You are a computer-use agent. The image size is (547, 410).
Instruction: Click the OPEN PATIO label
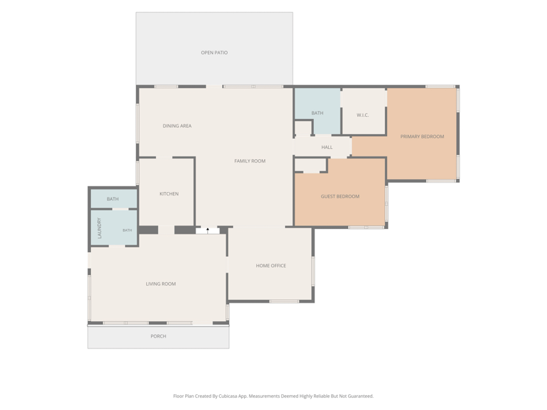[x=214, y=53]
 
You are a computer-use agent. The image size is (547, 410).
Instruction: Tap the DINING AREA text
[x=177, y=126]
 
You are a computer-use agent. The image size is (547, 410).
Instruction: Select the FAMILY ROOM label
[x=250, y=161]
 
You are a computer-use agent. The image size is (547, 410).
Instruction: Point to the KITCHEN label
[x=169, y=193]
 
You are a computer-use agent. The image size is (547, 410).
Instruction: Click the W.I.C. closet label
[x=362, y=115]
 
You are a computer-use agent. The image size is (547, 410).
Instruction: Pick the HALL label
[x=327, y=147]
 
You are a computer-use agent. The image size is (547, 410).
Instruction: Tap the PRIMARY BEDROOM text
[x=422, y=136]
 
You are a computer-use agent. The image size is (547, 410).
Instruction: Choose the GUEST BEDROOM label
[x=340, y=196]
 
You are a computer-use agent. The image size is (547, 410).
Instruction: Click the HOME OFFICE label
[x=271, y=266]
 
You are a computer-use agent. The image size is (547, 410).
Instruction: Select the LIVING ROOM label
[x=161, y=284]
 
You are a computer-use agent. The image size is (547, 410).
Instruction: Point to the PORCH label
[x=159, y=336]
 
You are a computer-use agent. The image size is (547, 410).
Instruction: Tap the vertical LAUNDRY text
[x=99, y=228]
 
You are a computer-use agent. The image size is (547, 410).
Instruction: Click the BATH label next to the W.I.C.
[x=317, y=113]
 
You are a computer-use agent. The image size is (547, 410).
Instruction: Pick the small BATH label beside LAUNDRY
[x=127, y=230]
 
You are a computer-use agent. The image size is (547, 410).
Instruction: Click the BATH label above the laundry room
[x=113, y=199]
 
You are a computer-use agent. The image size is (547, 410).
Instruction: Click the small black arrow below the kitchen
[x=208, y=230]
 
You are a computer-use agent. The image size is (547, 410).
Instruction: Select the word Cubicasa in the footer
[x=228, y=396]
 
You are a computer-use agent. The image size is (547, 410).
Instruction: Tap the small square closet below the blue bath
[x=303, y=128]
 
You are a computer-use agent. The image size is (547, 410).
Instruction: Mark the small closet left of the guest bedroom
[x=310, y=165]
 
